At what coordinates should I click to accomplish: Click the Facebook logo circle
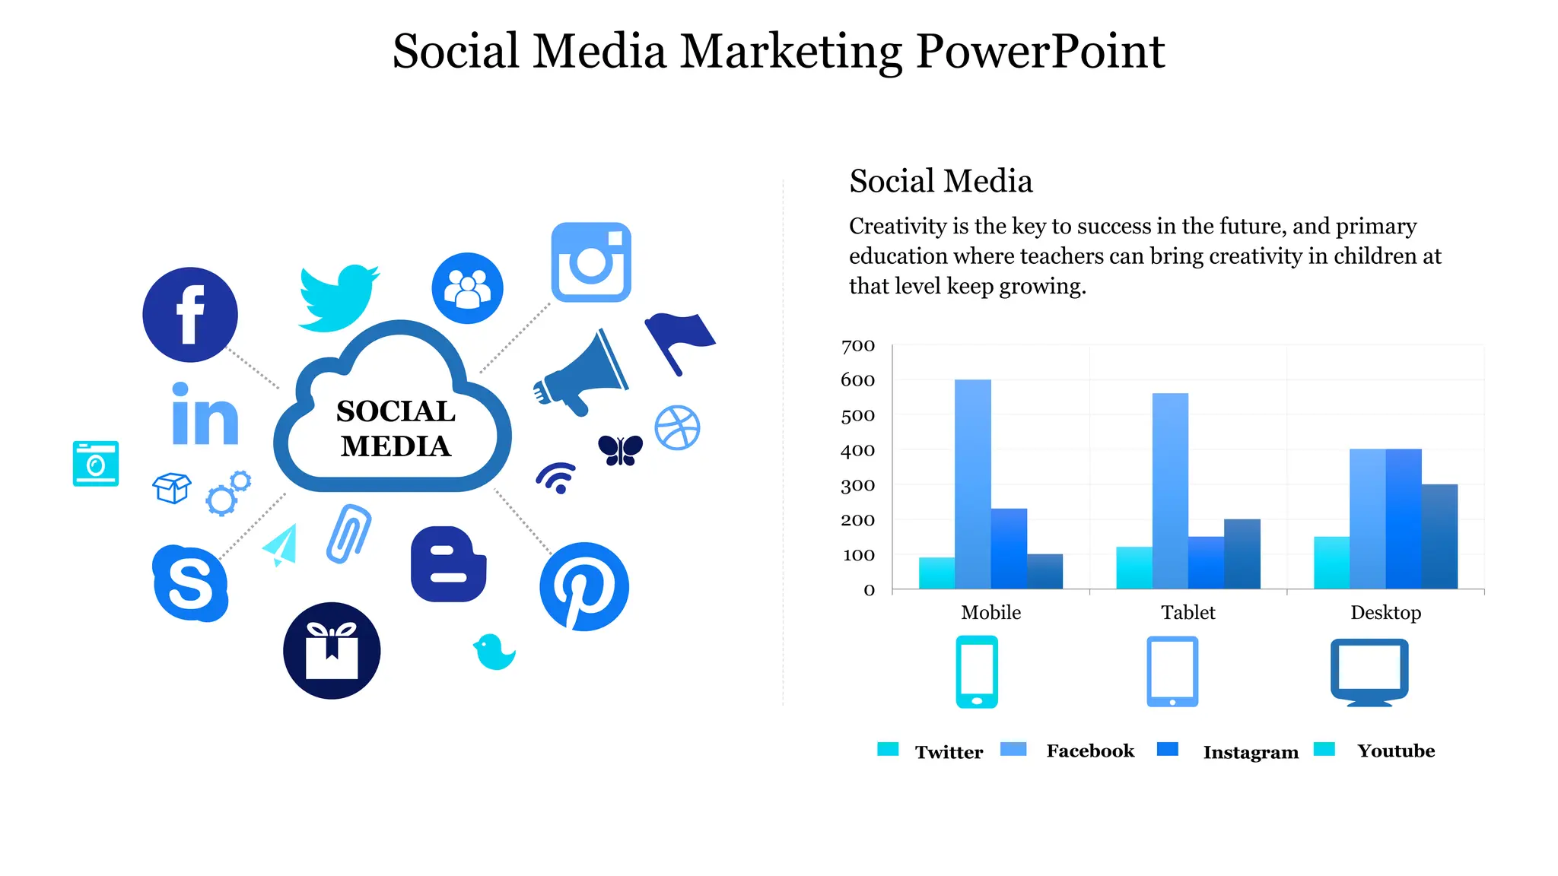click(190, 315)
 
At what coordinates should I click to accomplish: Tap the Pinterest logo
click(584, 586)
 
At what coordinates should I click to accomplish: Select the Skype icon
click(190, 583)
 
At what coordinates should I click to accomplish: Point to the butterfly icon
click(620, 450)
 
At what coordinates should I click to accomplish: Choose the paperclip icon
click(348, 533)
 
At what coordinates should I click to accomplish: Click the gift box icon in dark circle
click(332, 651)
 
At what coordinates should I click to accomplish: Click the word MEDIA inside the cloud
click(396, 446)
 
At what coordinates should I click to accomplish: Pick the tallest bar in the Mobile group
click(973, 484)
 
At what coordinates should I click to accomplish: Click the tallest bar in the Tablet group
click(1170, 490)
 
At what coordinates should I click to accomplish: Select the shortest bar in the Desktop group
click(1331, 563)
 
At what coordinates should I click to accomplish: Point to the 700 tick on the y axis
click(858, 346)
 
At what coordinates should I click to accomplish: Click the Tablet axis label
click(1188, 613)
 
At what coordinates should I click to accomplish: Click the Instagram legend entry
click(1250, 752)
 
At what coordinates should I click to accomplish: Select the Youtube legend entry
click(1395, 751)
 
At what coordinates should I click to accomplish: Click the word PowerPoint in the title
click(1040, 52)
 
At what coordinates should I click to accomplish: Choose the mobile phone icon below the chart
click(977, 672)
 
